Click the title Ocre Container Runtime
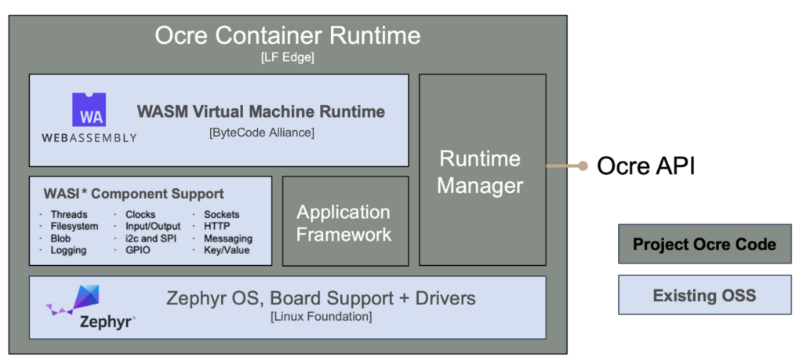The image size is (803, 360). pos(287,36)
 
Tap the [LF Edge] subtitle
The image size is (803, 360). pos(287,57)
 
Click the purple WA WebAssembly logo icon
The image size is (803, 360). pos(89,110)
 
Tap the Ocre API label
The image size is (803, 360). pos(645,166)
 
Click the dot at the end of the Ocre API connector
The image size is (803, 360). pos(582,166)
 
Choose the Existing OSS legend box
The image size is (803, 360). pos(704,296)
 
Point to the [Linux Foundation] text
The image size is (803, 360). pos(321,317)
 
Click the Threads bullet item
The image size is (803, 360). pos(69,214)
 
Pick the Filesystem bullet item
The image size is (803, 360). pos(74,227)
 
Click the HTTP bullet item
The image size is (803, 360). pos(217,227)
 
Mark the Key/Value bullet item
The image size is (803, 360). pos(227,250)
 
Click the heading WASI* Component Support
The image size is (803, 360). pos(132,194)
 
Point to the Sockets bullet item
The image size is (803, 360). pos(221,214)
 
